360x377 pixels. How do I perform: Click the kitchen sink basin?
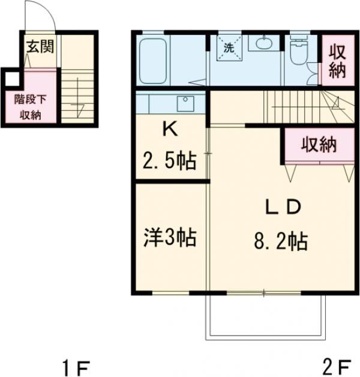185,102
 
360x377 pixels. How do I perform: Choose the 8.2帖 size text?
280,243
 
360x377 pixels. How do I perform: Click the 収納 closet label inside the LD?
318,144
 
